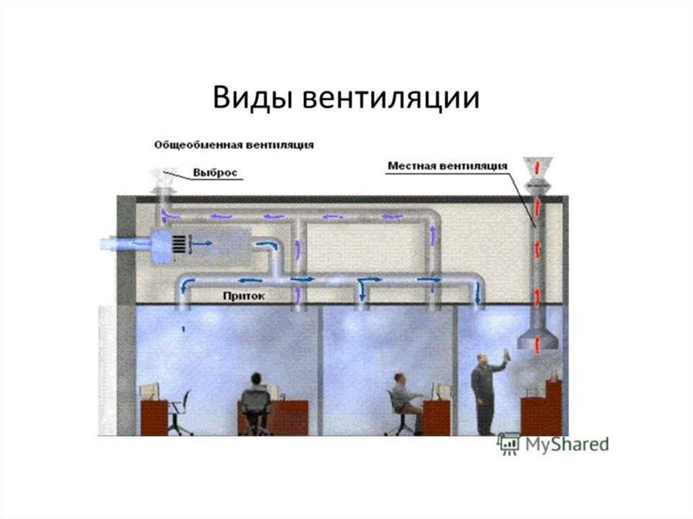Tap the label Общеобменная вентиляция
pyautogui.click(x=233, y=145)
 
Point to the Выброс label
pyautogui.click(x=215, y=173)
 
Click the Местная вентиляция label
pyautogui.click(x=447, y=165)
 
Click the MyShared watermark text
pyautogui.click(x=565, y=444)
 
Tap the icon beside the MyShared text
pyautogui.click(x=508, y=443)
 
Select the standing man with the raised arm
pyautogui.click(x=484, y=392)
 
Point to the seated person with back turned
pyautogui.click(x=256, y=399)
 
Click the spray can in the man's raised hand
pyautogui.click(x=507, y=354)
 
